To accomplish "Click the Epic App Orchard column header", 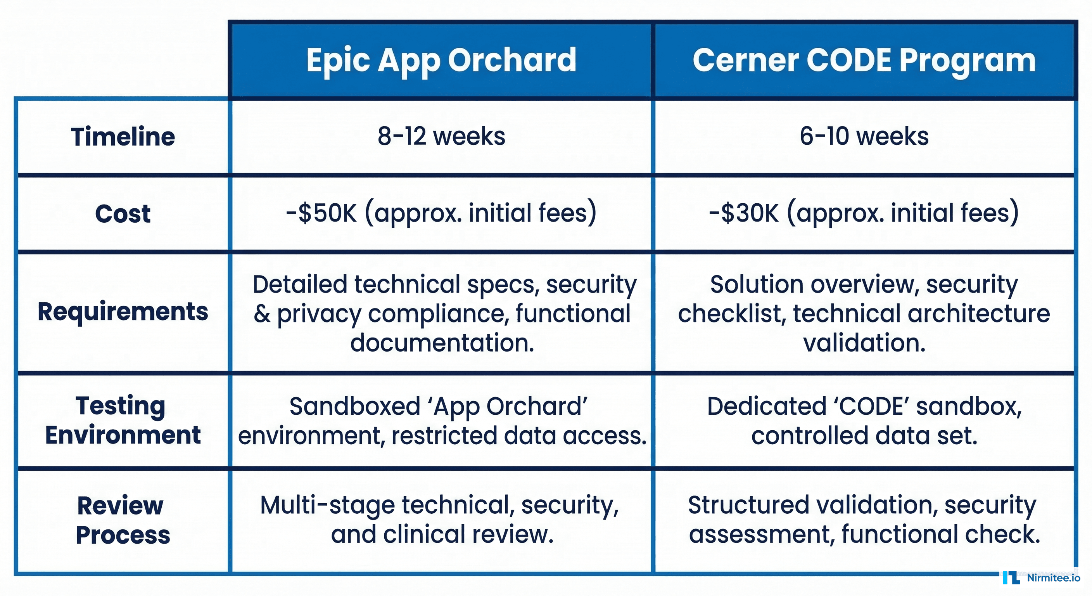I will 441,60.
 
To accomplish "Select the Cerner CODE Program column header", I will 864,60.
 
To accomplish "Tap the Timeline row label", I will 123,137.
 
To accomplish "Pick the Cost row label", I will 123,213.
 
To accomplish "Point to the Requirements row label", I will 123,312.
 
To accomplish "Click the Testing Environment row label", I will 123,420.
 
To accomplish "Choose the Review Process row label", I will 123,520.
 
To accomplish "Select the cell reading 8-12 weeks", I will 441,137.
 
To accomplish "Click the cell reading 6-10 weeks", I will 864,137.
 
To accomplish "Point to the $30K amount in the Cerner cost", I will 749,213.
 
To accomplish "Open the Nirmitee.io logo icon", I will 1011,578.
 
